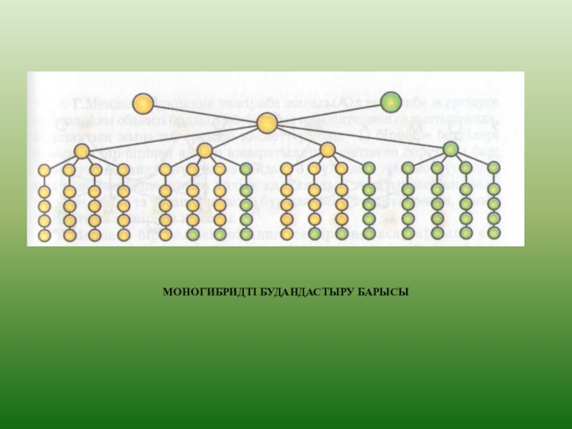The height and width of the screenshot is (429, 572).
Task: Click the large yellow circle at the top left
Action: [143, 103]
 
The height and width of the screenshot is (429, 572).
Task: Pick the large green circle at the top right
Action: [390, 102]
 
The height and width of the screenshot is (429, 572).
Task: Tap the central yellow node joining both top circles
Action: [267, 124]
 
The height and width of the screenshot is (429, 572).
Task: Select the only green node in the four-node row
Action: [450, 149]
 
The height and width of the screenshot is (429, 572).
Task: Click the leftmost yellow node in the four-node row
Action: [82, 152]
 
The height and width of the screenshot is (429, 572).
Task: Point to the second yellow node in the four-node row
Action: [205, 151]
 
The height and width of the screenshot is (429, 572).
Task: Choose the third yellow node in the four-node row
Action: [328, 150]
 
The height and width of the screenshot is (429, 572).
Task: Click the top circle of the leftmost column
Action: [44, 170]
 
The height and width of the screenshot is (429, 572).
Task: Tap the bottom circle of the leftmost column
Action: [44, 235]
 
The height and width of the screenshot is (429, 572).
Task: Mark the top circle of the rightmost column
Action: [493, 168]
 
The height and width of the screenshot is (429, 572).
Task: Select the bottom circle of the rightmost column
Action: [493, 232]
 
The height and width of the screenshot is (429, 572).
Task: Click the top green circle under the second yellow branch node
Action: [246, 169]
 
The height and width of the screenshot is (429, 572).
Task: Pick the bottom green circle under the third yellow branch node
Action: [369, 233]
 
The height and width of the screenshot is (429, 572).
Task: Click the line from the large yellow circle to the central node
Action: [204, 113]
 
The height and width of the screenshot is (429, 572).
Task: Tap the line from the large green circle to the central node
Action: [329, 113]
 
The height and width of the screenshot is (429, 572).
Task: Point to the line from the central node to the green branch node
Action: [357, 137]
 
